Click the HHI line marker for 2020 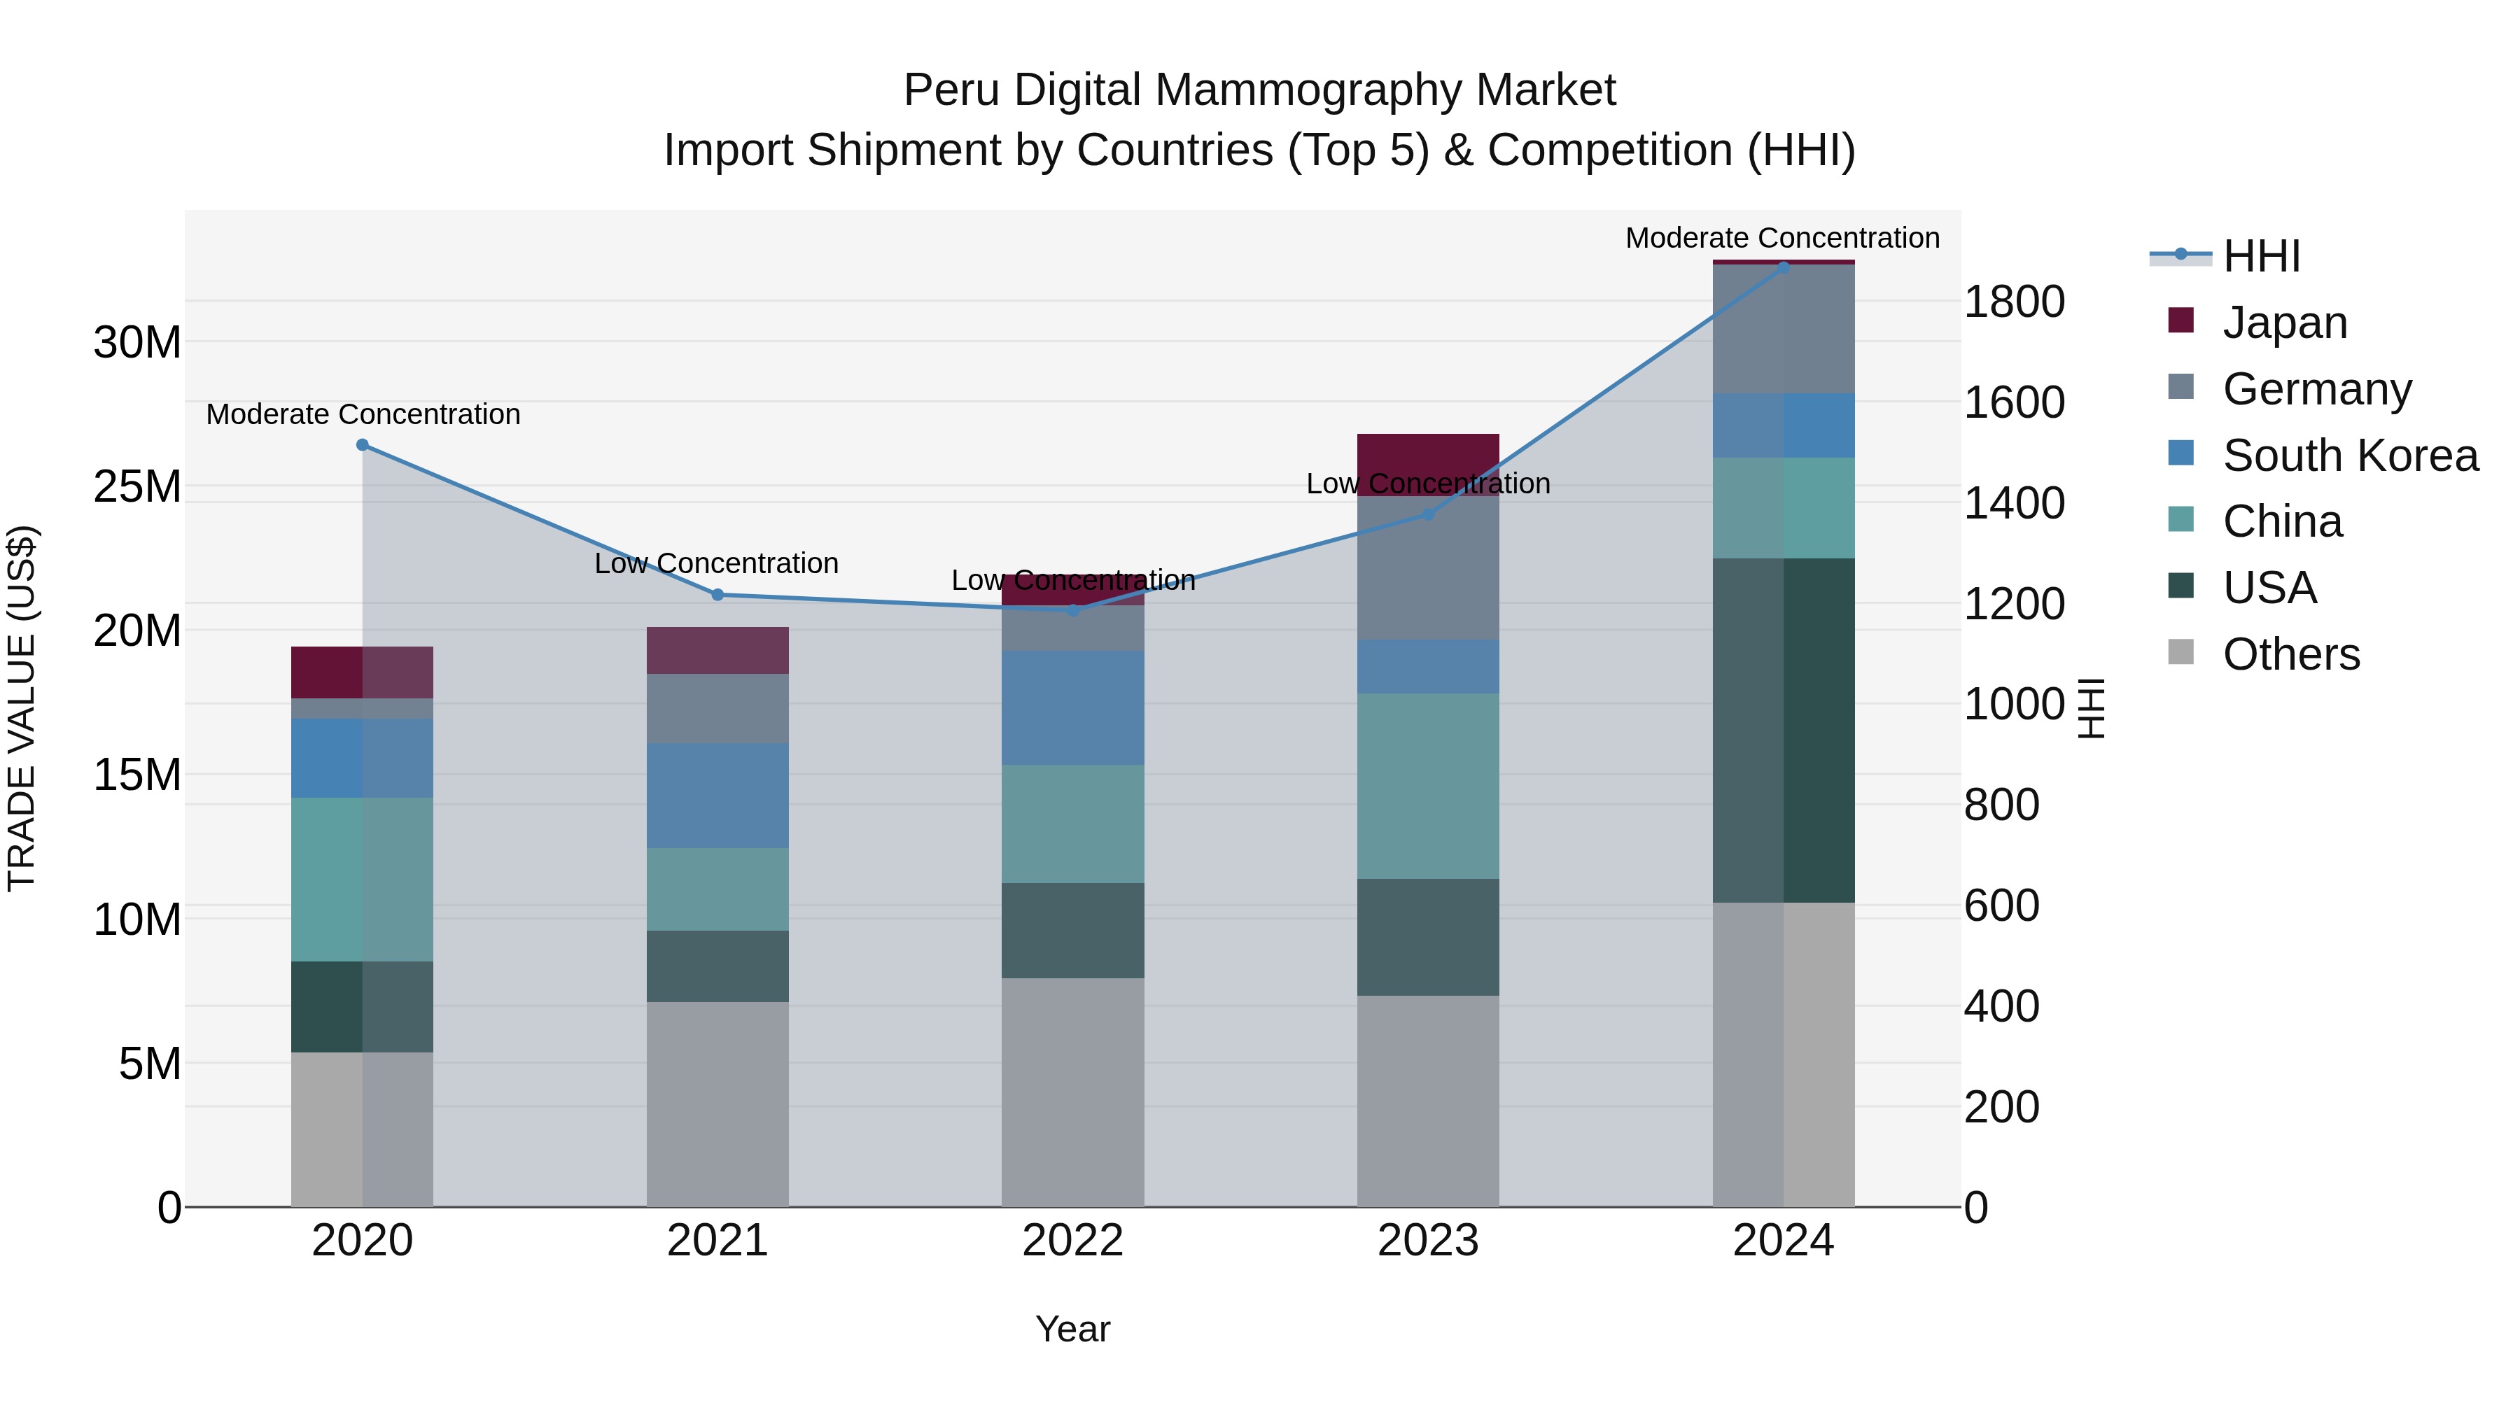(x=362, y=445)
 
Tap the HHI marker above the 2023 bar (x=1427, y=514)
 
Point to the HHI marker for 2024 (x=1784, y=267)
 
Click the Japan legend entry (x=2284, y=323)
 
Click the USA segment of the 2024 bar (x=1784, y=730)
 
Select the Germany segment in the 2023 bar (x=1427, y=568)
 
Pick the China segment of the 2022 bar (x=1072, y=824)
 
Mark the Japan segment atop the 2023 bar (x=1427, y=452)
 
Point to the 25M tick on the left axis (x=137, y=486)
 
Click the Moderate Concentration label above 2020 (x=363, y=415)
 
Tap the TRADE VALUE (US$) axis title (x=22, y=708)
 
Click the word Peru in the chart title (x=949, y=90)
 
